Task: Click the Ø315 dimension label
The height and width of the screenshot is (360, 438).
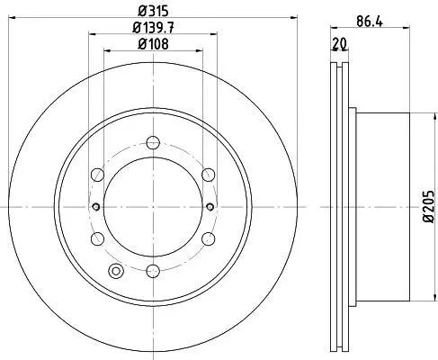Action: [x=153, y=12]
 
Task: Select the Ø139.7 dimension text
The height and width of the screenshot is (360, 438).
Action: [x=153, y=28]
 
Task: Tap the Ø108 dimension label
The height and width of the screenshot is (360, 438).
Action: [x=153, y=44]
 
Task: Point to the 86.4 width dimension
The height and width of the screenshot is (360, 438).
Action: [x=370, y=22]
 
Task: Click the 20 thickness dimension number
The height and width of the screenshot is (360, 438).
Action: [x=339, y=44]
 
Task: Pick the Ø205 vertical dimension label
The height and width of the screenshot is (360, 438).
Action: [x=429, y=206]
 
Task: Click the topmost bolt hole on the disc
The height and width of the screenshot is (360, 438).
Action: [x=153, y=142]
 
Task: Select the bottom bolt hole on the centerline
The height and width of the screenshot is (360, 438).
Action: [x=153, y=271]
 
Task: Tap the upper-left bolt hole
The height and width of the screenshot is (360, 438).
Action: [x=97, y=175]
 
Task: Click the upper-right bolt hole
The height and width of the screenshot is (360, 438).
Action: [x=209, y=175]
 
